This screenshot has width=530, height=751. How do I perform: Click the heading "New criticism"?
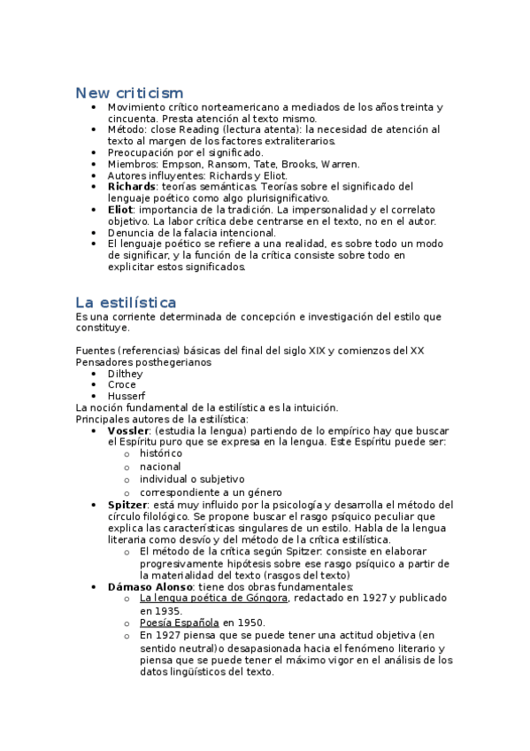click(129, 93)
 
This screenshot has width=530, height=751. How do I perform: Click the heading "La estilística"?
click(126, 302)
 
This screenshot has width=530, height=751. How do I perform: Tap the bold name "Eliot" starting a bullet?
click(119, 210)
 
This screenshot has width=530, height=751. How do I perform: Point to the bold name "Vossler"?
click(127, 430)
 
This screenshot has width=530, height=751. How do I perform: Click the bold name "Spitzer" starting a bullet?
click(127, 505)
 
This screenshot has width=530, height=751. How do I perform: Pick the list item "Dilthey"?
click(125, 374)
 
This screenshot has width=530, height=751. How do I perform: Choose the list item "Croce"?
click(122, 385)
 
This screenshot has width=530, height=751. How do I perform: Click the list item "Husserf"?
click(127, 397)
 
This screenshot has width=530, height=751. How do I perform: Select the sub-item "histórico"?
click(161, 453)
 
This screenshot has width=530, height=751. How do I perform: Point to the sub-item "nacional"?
click(160, 467)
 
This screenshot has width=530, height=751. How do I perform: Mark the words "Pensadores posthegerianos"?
click(144, 362)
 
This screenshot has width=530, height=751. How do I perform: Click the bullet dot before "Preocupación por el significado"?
click(94, 153)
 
